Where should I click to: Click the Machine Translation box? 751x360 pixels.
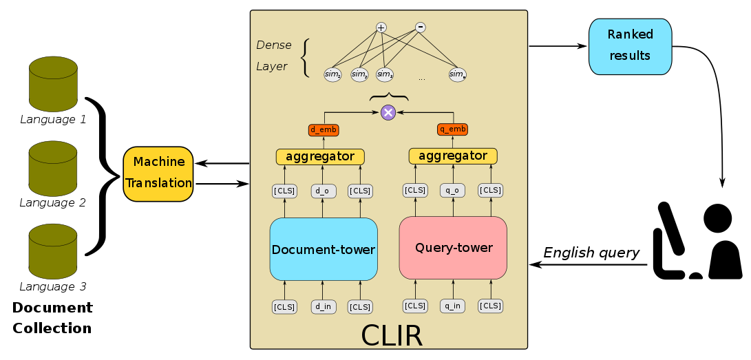pos(158,173)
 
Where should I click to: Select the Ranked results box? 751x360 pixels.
pos(630,46)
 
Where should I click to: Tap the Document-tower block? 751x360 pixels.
pos(324,249)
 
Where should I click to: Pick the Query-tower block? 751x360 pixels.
pos(453,248)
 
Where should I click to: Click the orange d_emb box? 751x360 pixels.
pos(323,129)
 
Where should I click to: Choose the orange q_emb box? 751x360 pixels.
pos(452,129)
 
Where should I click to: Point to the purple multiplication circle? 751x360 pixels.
pos(388,112)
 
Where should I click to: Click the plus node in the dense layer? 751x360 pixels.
pos(381,28)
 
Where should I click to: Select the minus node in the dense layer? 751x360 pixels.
pos(421,28)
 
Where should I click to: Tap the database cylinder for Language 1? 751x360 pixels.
pos(53,84)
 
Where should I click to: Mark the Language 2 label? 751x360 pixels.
pos(53,203)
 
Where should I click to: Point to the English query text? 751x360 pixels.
pos(591,253)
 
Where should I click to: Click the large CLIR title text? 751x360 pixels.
pos(391,336)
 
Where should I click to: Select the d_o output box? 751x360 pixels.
pos(324,191)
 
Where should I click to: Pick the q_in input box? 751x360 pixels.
pos(452,306)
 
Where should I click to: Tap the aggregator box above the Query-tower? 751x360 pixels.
pos(452,156)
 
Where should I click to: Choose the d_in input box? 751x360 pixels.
pos(324,307)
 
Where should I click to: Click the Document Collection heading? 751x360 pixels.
pos(52,318)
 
